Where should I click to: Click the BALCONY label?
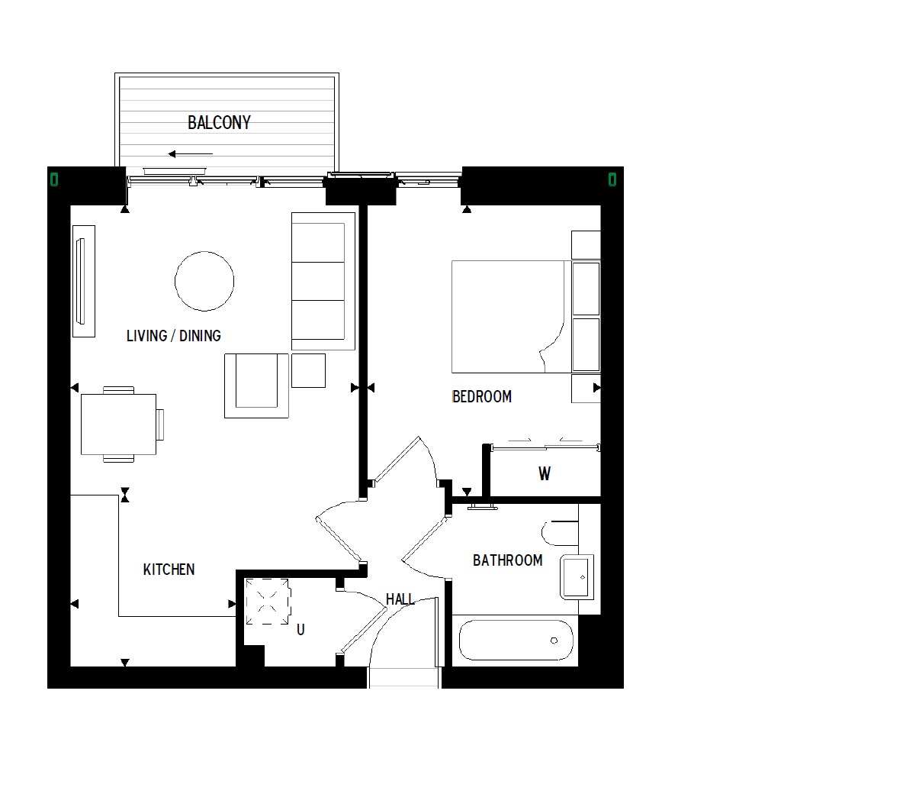click(x=219, y=122)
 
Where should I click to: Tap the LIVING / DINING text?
click(x=173, y=336)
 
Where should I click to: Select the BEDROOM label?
click(x=482, y=397)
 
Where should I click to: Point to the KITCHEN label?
click(x=169, y=570)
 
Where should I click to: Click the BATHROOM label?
click(x=507, y=560)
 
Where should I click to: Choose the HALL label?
click(x=400, y=599)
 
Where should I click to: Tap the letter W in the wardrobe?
click(x=545, y=474)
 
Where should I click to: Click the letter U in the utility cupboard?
click(x=300, y=630)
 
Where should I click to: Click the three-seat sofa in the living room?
click(x=323, y=282)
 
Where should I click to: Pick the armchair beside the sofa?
click(x=256, y=386)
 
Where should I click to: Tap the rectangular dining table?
click(x=119, y=424)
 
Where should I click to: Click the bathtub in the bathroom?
click(x=516, y=640)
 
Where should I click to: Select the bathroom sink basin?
click(x=577, y=577)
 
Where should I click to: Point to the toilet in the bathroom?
click(x=560, y=533)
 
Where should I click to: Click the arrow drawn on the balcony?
click(x=191, y=154)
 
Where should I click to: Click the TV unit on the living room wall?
click(x=83, y=282)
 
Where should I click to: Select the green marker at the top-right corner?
click(x=612, y=180)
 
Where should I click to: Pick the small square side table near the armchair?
click(x=308, y=370)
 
